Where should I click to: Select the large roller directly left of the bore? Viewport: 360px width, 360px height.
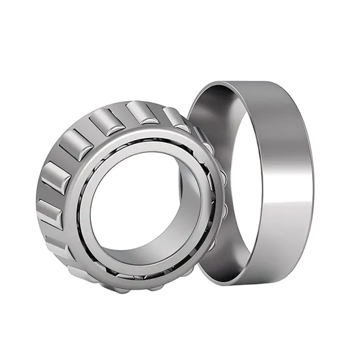(x=56, y=180)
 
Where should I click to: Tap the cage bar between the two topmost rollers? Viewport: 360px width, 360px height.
(x=127, y=115)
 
